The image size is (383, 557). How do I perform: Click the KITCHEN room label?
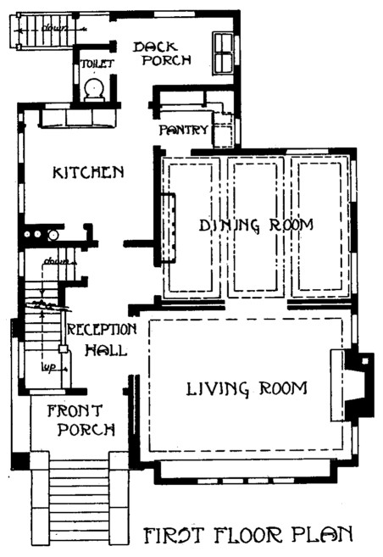pos(88,172)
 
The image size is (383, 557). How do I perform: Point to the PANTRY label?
pos(184,130)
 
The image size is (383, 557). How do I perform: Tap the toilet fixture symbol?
pos(94,87)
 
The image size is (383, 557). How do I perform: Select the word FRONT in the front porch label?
pos(74,411)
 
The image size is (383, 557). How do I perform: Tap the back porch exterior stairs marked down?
pos(36,34)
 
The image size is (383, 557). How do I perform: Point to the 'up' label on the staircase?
pos(48,368)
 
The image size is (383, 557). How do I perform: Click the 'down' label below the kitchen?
pos(56,260)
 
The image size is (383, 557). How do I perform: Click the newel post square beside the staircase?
pos(63,349)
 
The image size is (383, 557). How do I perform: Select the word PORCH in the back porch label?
pos(166,60)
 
